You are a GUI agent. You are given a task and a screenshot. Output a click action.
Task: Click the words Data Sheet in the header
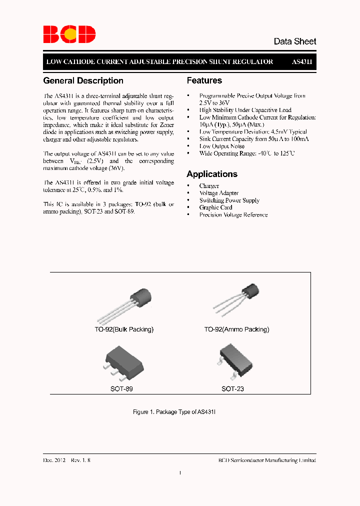(294, 41)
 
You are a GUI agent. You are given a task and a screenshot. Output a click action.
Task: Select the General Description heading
(83, 80)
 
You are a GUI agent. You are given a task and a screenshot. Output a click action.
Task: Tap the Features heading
(204, 80)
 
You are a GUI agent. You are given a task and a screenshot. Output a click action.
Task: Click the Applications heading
(212, 174)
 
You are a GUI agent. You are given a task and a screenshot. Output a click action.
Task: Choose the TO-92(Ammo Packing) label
(236, 329)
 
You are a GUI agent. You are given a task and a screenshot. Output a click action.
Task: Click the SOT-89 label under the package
(121, 388)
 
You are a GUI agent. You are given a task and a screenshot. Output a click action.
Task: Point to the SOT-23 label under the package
(233, 388)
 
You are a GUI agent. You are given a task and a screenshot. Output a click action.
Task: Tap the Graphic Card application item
(215, 207)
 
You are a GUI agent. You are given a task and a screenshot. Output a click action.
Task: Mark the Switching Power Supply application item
(229, 200)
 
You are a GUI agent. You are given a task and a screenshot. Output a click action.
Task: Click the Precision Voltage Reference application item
(233, 215)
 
